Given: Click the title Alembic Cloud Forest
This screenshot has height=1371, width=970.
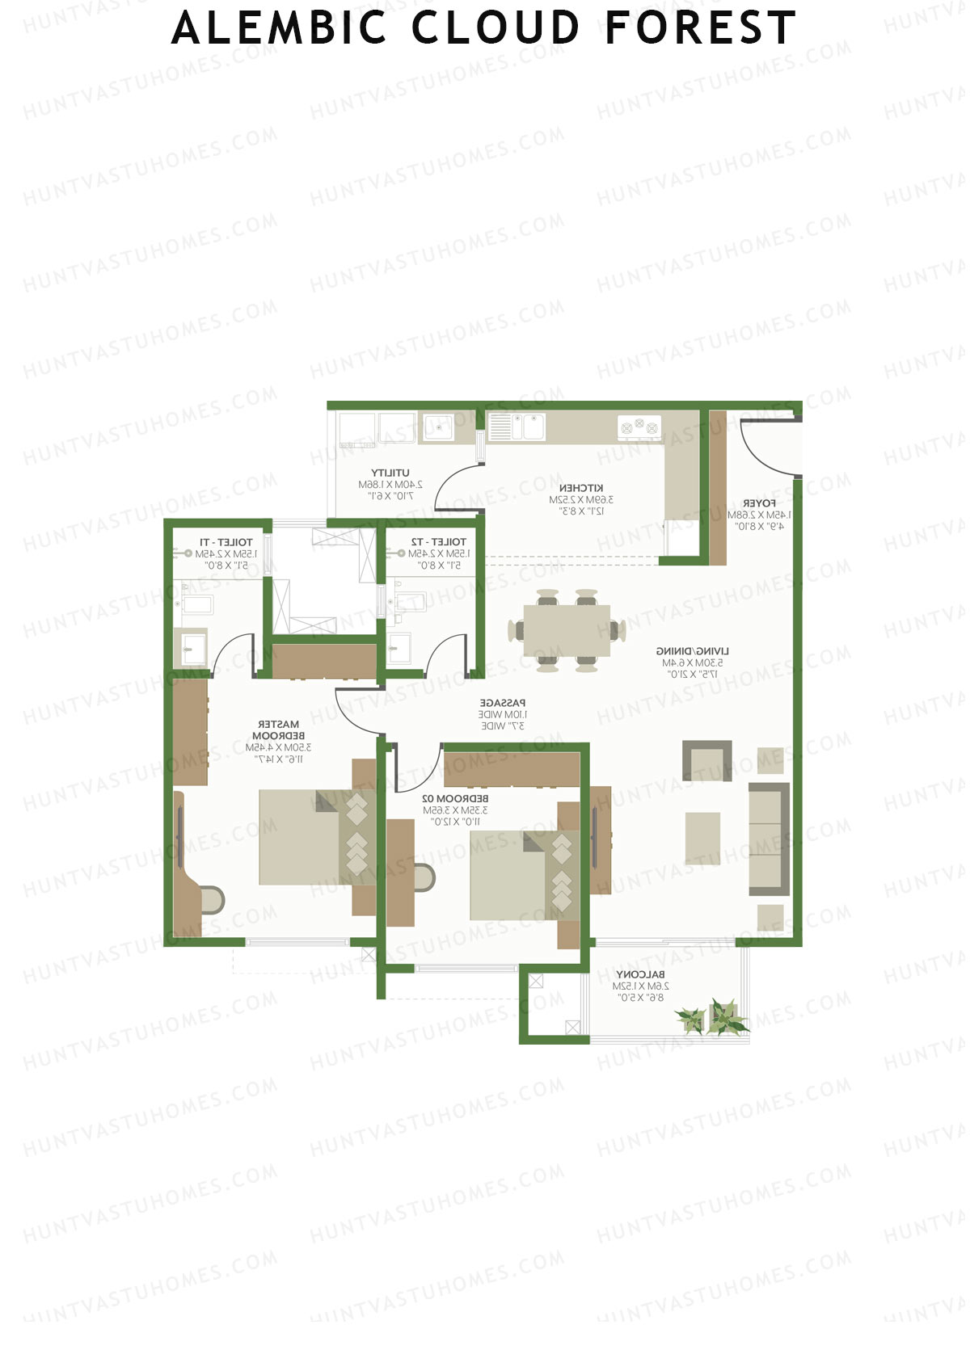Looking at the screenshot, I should pos(483,28).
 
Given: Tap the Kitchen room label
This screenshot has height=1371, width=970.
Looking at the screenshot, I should pos(581,488).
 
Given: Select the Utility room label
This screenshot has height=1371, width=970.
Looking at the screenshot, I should pos(390,473).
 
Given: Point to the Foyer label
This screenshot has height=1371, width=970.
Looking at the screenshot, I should pos(759,503).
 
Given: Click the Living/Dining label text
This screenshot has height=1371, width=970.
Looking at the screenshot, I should pos(692,650).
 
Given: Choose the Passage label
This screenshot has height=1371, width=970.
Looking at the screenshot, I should pos(502,703).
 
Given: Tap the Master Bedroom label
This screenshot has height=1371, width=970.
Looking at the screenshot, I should pos(278,730).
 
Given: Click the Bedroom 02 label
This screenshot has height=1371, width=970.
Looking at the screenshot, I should pos(455,798).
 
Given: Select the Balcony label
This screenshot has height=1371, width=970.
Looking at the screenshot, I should pos(640,974).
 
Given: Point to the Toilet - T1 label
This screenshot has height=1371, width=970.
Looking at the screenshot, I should pos(226,542).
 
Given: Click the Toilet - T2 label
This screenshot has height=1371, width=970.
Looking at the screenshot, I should pos(438,542).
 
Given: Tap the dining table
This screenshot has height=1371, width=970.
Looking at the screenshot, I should pos(567,630).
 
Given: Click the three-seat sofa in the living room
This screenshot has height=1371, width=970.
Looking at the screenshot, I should pos(768,839).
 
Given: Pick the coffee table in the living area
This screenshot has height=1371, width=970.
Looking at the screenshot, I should pos(702,838).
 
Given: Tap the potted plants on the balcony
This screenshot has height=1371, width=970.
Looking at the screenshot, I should pos(711,1018).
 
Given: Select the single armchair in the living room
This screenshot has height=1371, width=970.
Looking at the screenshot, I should pos(707,761).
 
